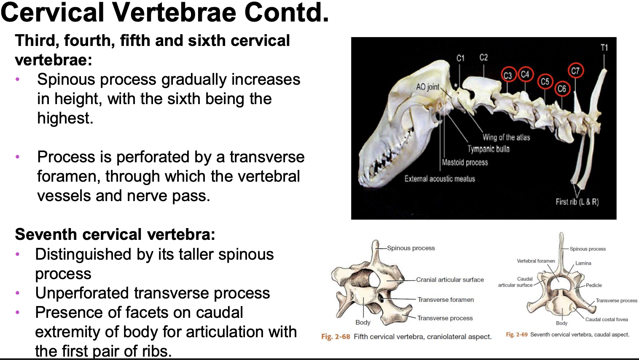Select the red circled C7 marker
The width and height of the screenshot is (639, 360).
point(575,70)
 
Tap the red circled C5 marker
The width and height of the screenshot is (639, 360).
point(545,82)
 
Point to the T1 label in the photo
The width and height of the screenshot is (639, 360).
point(604,47)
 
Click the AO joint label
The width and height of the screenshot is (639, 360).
point(428,87)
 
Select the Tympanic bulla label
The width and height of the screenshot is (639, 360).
point(489,149)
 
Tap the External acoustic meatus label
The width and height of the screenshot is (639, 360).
point(440,179)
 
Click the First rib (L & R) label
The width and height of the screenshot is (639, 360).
point(577,202)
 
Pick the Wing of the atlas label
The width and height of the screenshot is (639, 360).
point(506,137)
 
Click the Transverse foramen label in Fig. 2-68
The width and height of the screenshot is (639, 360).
point(446,300)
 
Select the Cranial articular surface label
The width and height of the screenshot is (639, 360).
point(450,279)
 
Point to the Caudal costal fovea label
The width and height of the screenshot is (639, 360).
point(607,320)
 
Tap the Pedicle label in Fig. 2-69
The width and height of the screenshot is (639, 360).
point(593,285)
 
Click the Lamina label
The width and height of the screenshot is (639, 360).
point(583,263)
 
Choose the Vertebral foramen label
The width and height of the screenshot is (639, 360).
point(536,261)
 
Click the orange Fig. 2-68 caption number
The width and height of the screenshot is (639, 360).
point(336,337)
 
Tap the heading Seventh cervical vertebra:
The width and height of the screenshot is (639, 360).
point(115,234)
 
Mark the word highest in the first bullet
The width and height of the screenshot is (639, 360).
point(65,118)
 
